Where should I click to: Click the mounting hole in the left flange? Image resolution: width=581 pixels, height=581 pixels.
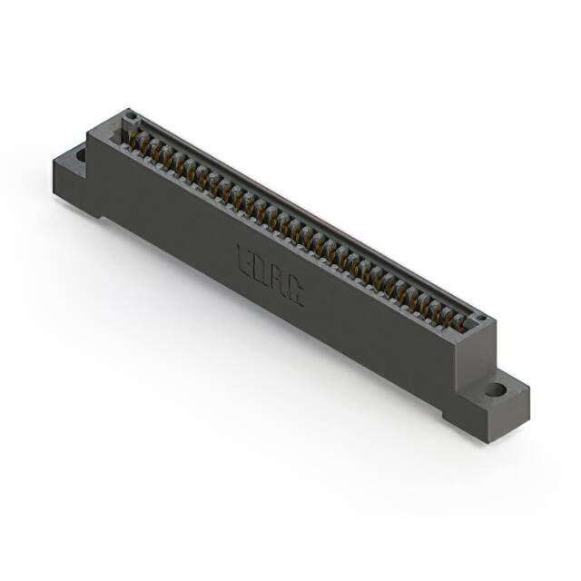tap(81, 155)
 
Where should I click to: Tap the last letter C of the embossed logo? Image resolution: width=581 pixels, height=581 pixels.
tap(296, 293)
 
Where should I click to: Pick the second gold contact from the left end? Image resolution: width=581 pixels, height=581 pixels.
tap(146, 143)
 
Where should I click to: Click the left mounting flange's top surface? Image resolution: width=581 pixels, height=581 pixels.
tap(73, 159)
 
